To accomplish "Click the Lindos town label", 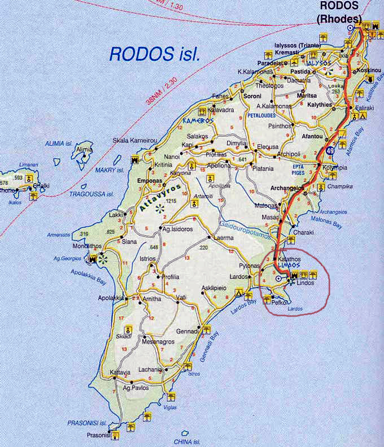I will pyautogui.click(x=304, y=283).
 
